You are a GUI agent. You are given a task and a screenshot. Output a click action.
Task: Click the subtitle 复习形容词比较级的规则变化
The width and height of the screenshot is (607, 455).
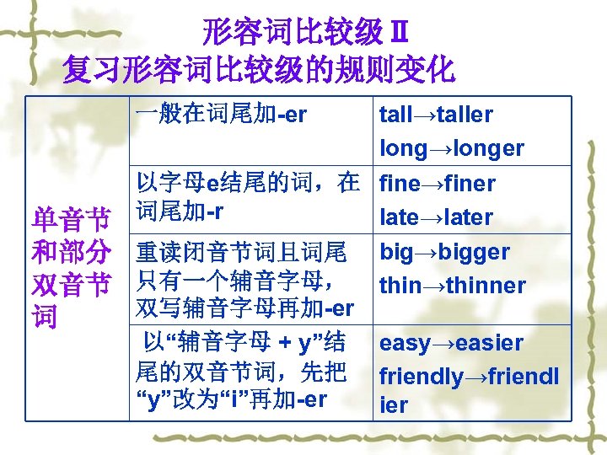point(259,69)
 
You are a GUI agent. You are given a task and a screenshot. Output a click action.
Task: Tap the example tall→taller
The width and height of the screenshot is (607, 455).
point(436,115)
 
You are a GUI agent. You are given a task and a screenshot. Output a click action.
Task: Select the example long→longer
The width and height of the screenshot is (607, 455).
point(452,148)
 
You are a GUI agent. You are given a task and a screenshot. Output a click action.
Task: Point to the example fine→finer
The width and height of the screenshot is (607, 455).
point(438,183)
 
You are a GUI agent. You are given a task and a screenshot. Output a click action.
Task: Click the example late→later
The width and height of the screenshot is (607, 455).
point(436,217)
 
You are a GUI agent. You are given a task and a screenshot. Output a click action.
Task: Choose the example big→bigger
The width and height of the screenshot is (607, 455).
point(444,252)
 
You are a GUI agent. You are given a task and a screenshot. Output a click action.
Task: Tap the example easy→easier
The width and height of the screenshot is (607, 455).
point(451,343)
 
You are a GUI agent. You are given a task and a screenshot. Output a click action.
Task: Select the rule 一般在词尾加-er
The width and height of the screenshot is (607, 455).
point(222,115)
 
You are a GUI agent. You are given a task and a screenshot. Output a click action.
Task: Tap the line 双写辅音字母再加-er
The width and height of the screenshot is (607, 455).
point(244,308)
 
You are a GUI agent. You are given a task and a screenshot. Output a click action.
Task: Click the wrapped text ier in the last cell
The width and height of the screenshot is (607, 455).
point(394,405)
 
